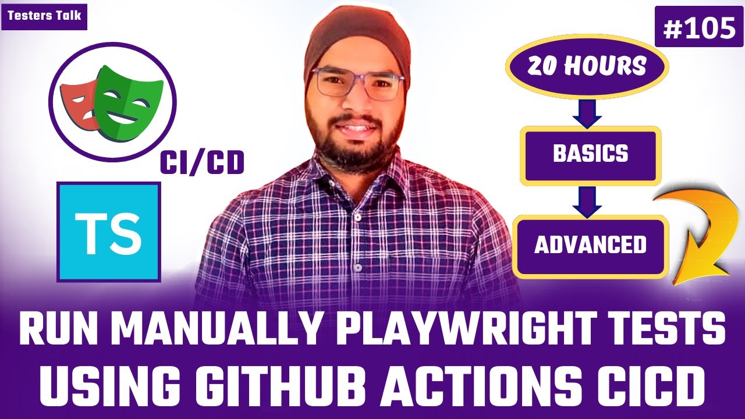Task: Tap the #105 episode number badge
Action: pos(698,27)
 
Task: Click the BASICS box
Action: pos(590,154)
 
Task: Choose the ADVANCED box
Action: pos(590,245)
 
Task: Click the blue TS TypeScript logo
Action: pos(108,232)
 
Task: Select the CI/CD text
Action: pos(203,164)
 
